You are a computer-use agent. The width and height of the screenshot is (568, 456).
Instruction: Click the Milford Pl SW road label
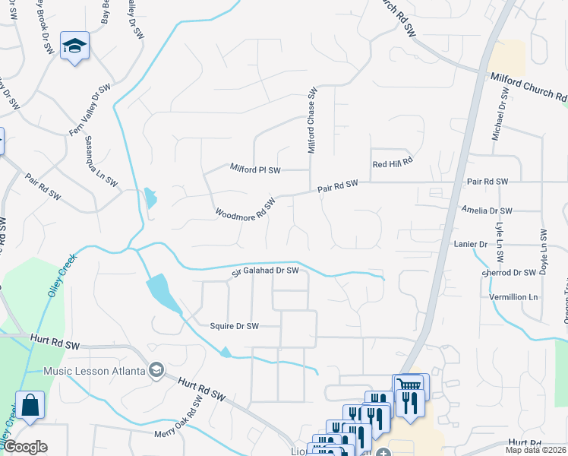[254, 169]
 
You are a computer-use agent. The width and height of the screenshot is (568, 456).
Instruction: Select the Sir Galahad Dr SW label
[265, 271]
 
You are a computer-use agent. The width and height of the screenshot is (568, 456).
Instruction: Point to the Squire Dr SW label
[234, 326]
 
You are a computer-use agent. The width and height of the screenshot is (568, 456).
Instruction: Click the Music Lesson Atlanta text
[94, 371]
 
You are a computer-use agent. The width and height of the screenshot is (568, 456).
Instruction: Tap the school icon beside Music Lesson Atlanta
[156, 370]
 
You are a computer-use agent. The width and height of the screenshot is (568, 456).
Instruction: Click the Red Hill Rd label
[392, 163]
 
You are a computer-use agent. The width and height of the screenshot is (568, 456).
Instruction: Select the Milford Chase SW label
[311, 120]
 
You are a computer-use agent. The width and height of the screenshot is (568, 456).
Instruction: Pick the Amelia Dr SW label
[487, 211]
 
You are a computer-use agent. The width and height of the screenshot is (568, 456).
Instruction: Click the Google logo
[24, 447]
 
